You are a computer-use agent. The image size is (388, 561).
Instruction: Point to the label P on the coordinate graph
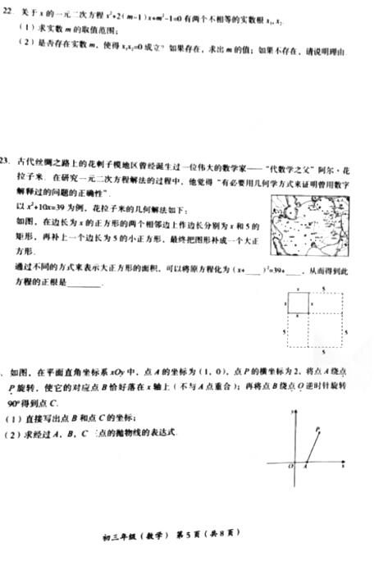(318, 429)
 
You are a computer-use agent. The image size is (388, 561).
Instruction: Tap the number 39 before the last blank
(277, 269)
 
